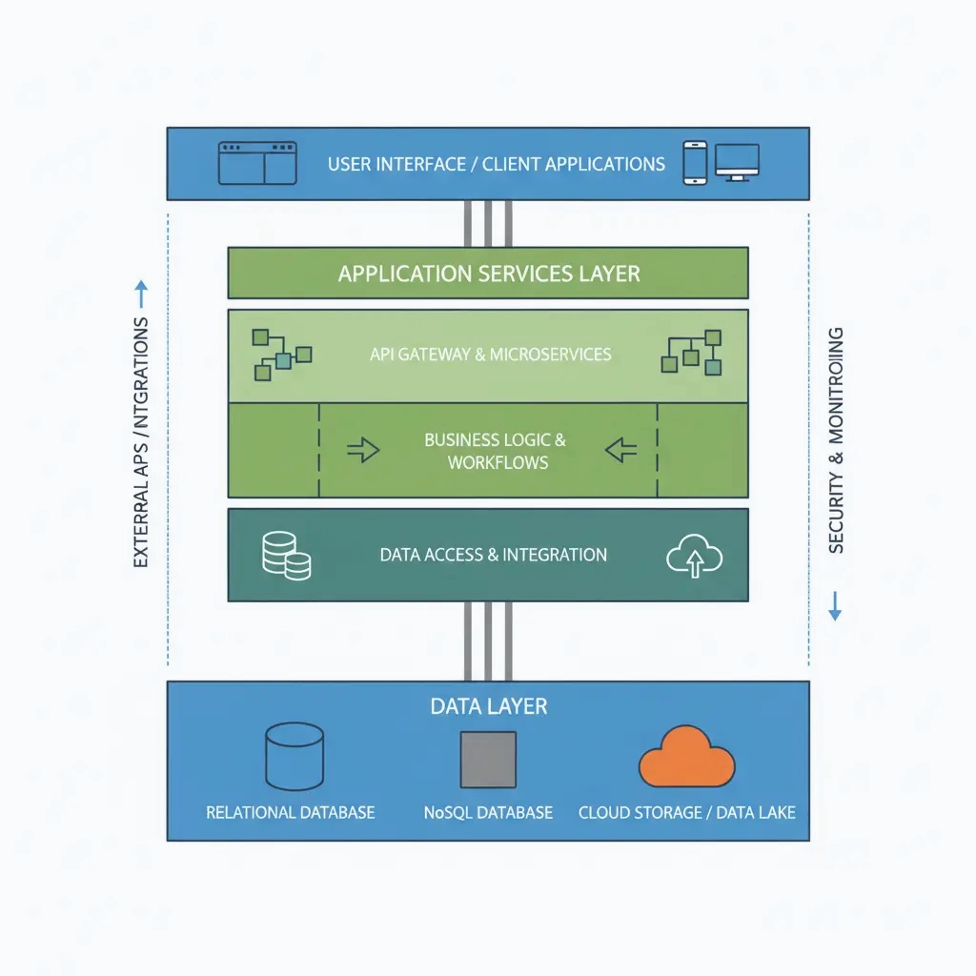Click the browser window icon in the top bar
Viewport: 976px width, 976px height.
click(257, 163)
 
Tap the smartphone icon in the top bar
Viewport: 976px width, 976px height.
click(695, 163)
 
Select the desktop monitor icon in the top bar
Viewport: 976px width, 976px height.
click(737, 162)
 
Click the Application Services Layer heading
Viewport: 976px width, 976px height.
click(488, 274)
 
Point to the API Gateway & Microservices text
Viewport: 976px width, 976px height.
click(490, 355)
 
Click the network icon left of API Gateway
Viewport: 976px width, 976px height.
click(281, 355)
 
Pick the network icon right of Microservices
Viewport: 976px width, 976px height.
click(691, 352)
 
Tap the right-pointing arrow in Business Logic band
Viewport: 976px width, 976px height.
click(363, 450)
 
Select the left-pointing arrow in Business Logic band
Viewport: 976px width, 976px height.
click(621, 450)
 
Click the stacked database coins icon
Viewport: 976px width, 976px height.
click(286, 556)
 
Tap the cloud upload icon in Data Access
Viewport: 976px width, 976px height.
click(694, 557)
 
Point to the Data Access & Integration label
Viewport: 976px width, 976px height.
click(493, 555)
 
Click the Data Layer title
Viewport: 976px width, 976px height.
click(488, 706)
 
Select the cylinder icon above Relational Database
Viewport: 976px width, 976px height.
click(295, 756)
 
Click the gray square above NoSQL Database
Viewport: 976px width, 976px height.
click(488, 760)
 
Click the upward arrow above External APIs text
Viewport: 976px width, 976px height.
click(141, 293)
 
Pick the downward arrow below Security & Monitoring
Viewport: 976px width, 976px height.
click(835, 605)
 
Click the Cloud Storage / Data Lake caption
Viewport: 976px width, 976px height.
click(686, 813)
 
